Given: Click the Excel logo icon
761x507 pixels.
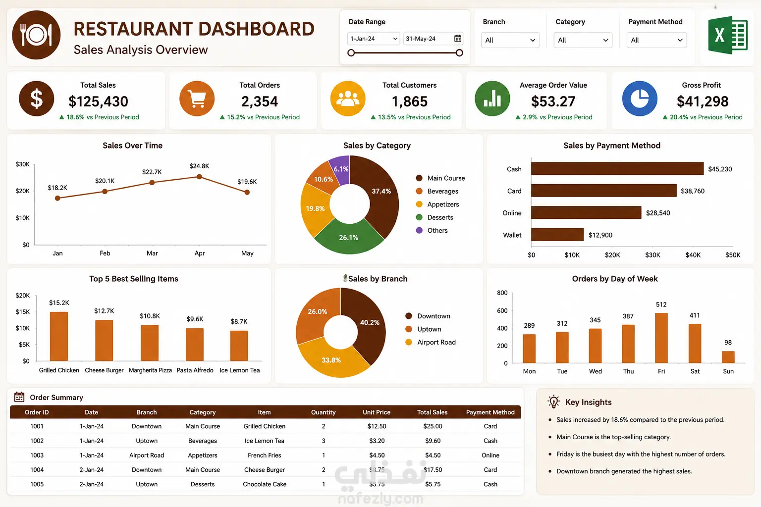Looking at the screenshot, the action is (x=728, y=35).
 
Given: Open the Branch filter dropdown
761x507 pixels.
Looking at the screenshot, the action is (x=510, y=40).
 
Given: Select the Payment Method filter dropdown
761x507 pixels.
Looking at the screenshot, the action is (x=656, y=40).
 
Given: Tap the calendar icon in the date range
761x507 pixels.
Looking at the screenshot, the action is (x=458, y=39).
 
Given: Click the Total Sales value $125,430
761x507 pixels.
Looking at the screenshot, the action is (x=98, y=101).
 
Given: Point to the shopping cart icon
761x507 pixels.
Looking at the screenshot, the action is (x=197, y=99).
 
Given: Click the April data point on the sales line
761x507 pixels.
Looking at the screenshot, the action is (x=200, y=177).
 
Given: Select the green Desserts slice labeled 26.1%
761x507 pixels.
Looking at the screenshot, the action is (x=349, y=236).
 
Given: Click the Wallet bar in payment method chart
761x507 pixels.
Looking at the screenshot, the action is (x=557, y=235).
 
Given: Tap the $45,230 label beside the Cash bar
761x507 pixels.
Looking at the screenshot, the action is (x=720, y=169).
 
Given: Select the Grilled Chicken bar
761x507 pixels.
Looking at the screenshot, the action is (x=59, y=336).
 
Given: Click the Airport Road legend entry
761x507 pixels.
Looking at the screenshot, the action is (x=431, y=342).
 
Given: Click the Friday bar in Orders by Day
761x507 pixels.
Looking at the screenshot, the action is (x=661, y=338).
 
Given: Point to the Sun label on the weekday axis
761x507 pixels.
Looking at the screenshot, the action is (x=728, y=371).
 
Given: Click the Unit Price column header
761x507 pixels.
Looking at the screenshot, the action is (x=377, y=412).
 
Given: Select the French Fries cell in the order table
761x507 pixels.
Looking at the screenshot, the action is (x=264, y=455).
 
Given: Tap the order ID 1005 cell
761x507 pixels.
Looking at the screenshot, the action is (x=37, y=484).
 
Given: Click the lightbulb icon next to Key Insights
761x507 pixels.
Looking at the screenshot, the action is (x=554, y=402).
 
